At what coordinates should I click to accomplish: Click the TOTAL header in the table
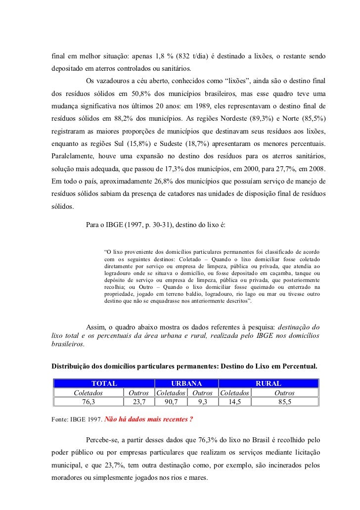pos(104,383)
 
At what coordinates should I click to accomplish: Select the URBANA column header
pos(186,383)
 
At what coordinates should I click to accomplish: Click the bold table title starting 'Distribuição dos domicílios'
pos(184,367)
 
